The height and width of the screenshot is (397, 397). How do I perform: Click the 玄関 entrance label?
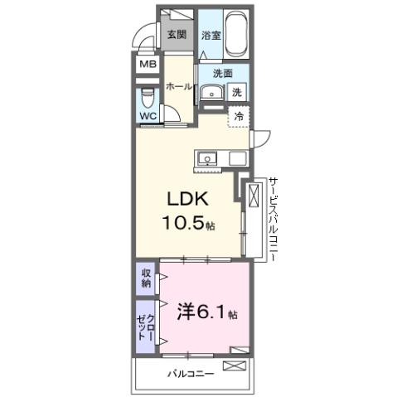click(x=176, y=35)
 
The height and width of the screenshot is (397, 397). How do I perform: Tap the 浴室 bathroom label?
click(x=211, y=35)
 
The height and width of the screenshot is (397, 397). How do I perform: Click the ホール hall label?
click(x=179, y=86)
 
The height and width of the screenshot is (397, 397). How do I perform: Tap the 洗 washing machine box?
click(x=237, y=93)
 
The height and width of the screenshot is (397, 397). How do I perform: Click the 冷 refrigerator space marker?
click(x=239, y=117)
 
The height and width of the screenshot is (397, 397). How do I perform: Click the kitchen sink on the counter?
click(x=206, y=157)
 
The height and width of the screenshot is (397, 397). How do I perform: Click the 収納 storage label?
click(x=147, y=278)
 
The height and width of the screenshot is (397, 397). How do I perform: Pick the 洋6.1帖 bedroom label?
click(x=207, y=314)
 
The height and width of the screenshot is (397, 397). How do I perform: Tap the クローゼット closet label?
click(x=147, y=328)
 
